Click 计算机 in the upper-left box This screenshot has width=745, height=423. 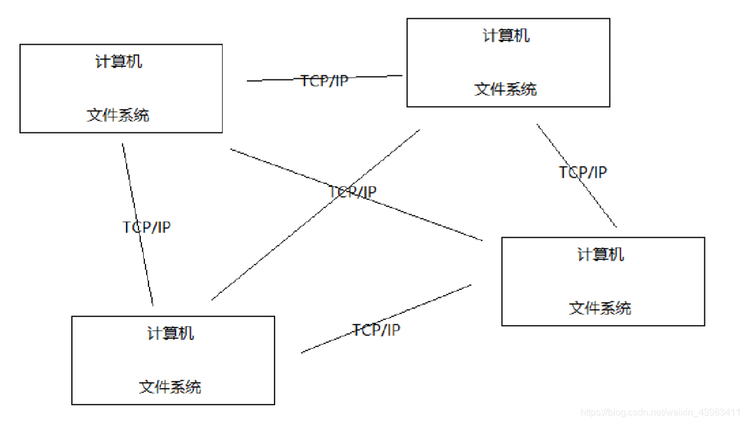118,61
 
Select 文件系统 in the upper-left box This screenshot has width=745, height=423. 118,115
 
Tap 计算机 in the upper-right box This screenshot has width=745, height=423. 506,35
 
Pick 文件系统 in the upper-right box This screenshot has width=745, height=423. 506,89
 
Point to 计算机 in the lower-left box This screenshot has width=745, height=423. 170,334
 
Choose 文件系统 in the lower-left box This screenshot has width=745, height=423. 170,387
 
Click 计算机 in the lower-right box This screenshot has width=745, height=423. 600,255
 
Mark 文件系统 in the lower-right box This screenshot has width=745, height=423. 600,308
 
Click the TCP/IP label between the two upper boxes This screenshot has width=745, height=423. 324,81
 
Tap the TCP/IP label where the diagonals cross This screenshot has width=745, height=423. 352,192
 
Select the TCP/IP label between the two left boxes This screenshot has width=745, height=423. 147,227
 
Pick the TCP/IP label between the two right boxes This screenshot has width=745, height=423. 582,172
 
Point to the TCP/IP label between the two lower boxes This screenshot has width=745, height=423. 376,329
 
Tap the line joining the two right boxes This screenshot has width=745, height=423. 601,206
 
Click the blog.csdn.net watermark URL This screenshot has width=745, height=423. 660,412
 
